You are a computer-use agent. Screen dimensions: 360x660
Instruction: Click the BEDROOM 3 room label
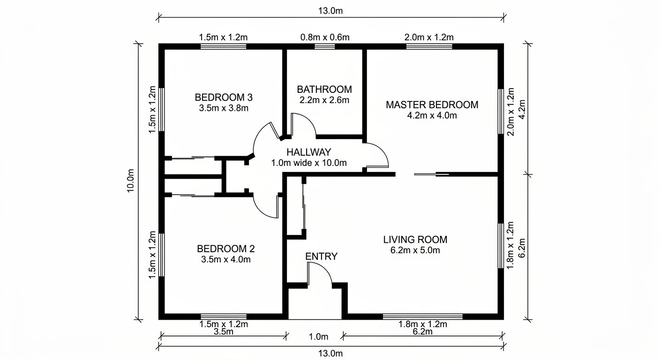point(224,97)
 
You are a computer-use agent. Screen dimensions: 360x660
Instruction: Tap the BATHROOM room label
point(324,89)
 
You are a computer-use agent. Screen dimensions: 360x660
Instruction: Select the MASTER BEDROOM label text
point(432,105)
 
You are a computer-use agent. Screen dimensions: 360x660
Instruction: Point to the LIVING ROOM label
point(415,240)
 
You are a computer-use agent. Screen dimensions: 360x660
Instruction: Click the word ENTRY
point(321,256)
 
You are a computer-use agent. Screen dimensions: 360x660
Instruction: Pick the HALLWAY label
point(308,152)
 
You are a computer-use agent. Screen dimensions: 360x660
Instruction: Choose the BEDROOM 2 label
point(225,248)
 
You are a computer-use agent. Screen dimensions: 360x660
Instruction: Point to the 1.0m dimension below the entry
point(318,336)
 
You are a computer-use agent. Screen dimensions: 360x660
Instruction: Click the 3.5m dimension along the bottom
point(223,332)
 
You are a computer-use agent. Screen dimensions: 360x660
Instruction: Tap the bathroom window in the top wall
point(322,46)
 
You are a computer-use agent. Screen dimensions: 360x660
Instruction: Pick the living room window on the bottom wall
point(422,316)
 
